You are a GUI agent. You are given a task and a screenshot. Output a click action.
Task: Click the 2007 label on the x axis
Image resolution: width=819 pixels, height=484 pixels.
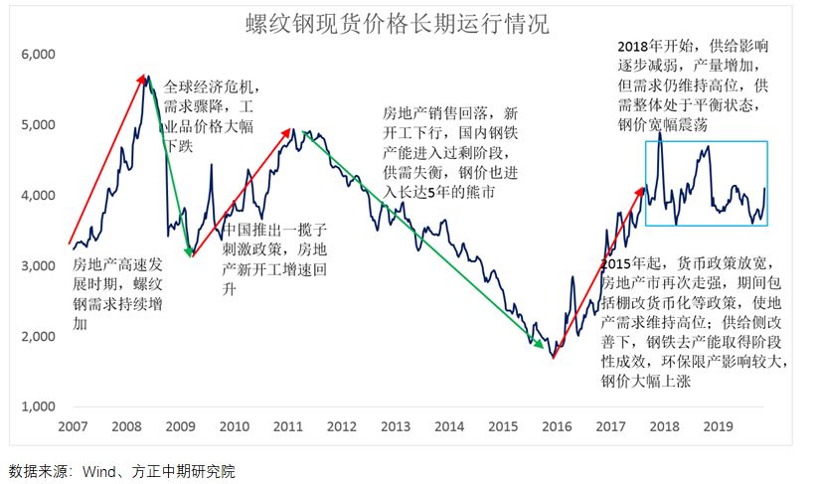(72, 425)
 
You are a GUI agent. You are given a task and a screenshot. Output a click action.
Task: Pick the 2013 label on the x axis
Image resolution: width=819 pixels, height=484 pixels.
(396, 425)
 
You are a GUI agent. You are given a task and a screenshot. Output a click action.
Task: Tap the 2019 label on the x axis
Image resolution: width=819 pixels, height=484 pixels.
(719, 425)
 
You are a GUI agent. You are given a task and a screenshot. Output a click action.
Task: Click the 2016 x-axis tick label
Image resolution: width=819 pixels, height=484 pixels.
(558, 425)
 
